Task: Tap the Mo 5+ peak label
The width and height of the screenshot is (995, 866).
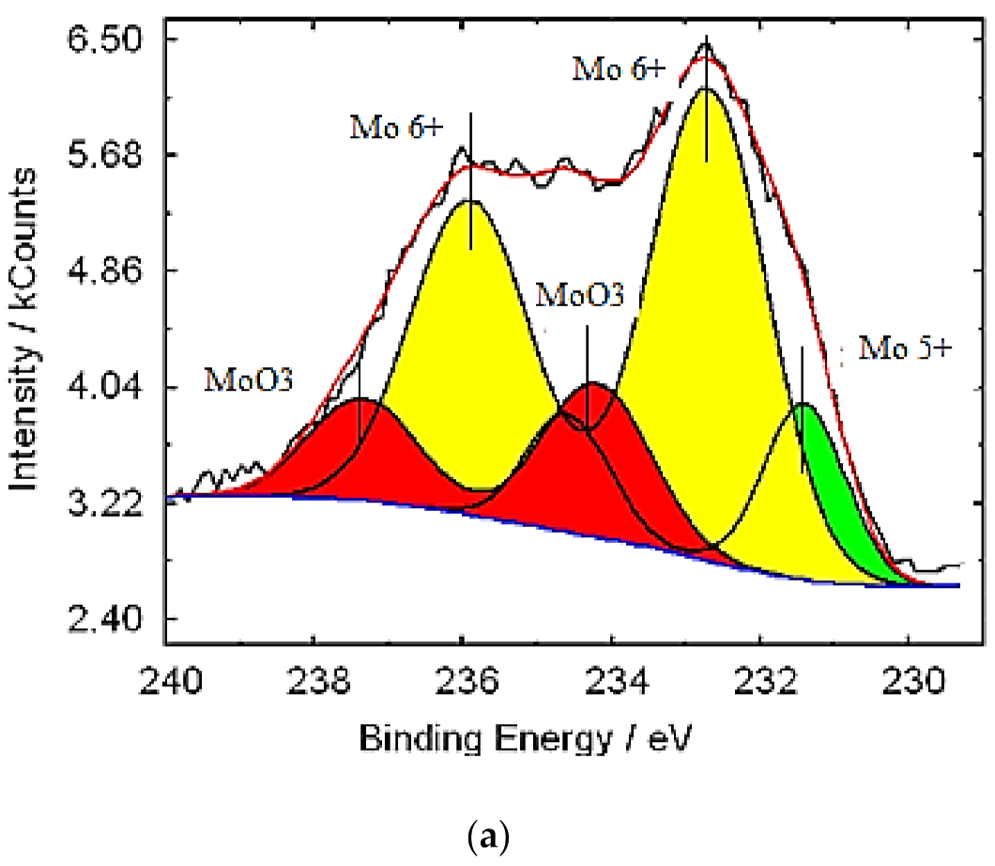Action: [906, 349]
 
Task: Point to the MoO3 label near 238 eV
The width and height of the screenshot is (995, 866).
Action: [249, 380]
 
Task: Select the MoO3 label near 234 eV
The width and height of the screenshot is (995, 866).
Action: [580, 295]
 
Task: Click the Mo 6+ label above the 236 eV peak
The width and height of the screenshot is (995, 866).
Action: [395, 128]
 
